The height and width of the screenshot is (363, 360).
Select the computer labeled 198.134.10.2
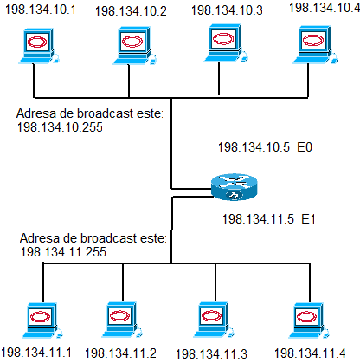pyautogui.click(x=134, y=45)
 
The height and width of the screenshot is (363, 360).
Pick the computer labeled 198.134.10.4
pyautogui.click(x=315, y=44)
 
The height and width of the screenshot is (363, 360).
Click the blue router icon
pyautogui.click(x=234, y=187)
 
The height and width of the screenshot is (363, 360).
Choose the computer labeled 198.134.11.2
pyautogui.click(x=122, y=320)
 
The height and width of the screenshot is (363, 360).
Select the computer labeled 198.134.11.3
pyautogui.click(x=214, y=320)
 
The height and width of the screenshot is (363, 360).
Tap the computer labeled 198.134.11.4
pyautogui.click(x=309, y=321)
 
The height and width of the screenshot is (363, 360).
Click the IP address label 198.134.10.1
pyautogui.click(x=41, y=10)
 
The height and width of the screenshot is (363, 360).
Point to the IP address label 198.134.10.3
pyautogui.click(x=227, y=10)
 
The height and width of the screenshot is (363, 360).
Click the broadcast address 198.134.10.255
pyautogui.click(x=60, y=127)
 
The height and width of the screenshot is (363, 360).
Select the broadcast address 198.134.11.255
pyautogui.click(x=63, y=252)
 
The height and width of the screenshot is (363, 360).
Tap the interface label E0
pyautogui.click(x=305, y=147)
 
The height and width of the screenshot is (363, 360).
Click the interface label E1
pyautogui.click(x=308, y=219)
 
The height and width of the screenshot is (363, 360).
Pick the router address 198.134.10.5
pyautogui.click(x=254, y=147)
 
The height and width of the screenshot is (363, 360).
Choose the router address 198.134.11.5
pyautogui.click(x=258, y=219)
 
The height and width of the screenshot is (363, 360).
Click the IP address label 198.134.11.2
pyautogui.click(x=120, y=353)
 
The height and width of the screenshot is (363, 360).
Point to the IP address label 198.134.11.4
pyautogui.click(x=310, y=353)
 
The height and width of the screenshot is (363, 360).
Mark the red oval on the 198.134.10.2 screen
pyautogui.click(x=132, y=41)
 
